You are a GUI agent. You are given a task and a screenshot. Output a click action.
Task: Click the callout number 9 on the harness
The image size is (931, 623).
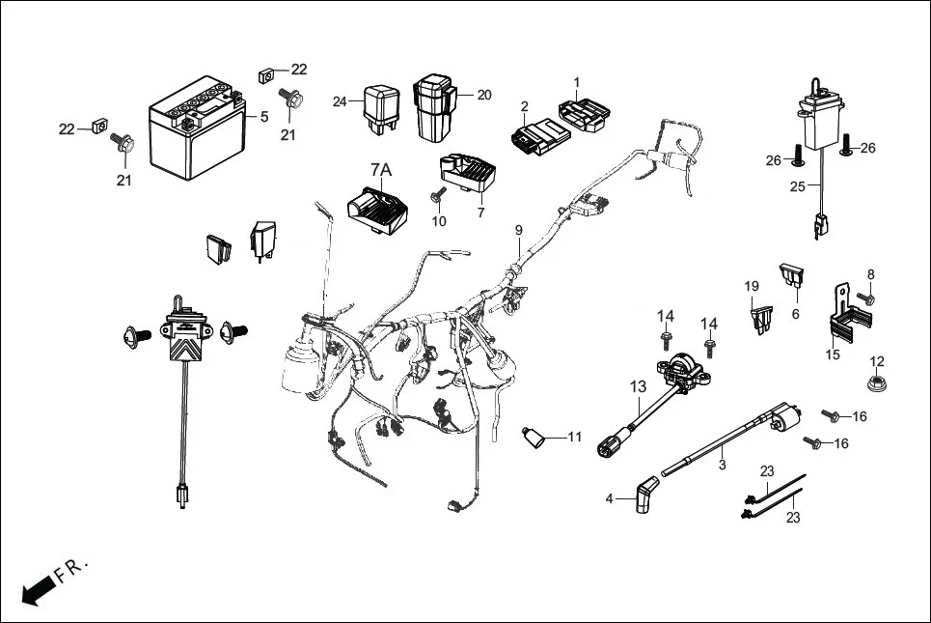(518, 230)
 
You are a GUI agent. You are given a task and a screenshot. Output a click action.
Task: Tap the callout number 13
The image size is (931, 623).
(639, 387)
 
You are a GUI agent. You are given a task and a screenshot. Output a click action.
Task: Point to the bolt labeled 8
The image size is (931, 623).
(864, 298)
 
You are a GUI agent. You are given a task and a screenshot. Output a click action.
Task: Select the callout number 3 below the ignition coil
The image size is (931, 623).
(722, 465)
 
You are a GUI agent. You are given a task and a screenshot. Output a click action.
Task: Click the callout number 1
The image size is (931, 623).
(577, 82)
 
